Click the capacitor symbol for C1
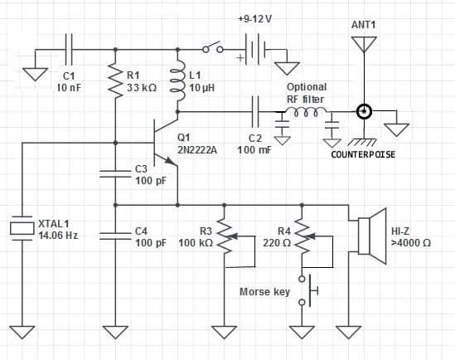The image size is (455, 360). pyautogui.click(x=69, y=50)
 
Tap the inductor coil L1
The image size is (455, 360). pyautogui.click(x=177, y=80)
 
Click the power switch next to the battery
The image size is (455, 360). pyautogui.click(x=213, y=47)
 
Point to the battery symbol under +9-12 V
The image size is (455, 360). pyautogui.click(x=255, y=50)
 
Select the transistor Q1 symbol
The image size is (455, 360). pyautogui.click(x=166, y=143)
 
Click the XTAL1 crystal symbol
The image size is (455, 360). pyautogui.click(x=22, y=228)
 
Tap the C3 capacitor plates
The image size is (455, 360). pyautogui.click(x=115, y=174)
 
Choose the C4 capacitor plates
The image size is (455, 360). pyautogui.click(x=115, y=236)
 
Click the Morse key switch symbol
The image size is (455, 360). pyautogui.click(x=308, y=290)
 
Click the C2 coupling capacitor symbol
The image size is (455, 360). pyautogui.click(x=255, y=112)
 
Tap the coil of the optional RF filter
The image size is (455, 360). pyautogui.click(x=306, y=112)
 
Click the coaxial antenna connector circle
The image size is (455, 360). pyautogui.click(x=364, y=111)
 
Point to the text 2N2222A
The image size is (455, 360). pyautogui.click(x=197, y=149)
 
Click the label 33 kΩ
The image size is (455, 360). pyautogui.click(x=142, y=87)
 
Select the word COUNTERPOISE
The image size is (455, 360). pyautogui.click(x=363, y=154)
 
